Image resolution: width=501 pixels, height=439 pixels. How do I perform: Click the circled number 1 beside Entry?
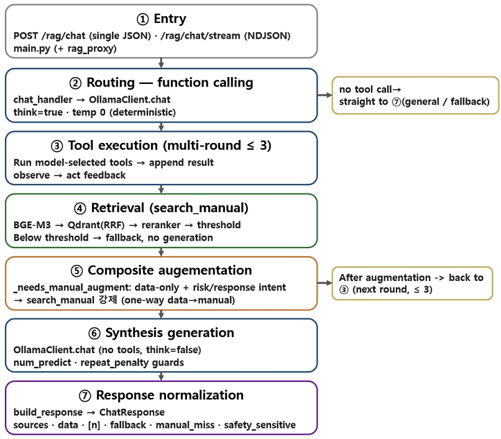(142, 19)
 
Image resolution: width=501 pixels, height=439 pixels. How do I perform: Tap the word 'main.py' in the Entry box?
(32, 49)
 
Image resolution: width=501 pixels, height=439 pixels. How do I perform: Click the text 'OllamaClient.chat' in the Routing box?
(129, 99)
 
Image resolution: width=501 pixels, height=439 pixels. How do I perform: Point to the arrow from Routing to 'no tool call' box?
(324, 95)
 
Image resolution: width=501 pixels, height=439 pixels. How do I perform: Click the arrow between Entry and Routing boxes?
(162, 63)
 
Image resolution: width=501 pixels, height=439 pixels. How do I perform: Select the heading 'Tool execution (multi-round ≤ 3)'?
(169, 146)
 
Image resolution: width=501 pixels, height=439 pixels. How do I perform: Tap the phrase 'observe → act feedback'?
(70, 175)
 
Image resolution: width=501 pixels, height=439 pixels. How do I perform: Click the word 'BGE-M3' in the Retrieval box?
(32, 224)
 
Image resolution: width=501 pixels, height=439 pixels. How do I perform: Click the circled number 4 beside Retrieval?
(80, 208)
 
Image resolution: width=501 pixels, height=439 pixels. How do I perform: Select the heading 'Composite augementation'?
(170, 270)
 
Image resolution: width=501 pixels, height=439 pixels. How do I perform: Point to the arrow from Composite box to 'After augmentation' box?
(324, 283)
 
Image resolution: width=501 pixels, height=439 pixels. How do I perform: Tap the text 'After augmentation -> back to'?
(411, 277)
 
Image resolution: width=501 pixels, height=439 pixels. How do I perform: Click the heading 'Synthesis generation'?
(170, 333)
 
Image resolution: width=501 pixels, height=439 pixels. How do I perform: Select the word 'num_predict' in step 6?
(42, 363)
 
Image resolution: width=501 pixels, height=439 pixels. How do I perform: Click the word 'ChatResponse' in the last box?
(132, 412)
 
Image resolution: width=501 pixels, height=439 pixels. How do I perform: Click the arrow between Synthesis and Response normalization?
(162, 376)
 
